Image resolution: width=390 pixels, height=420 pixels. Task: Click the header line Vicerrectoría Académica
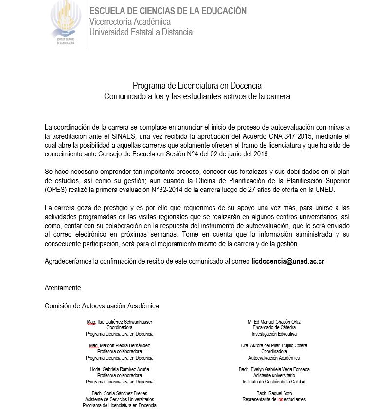[130, 21]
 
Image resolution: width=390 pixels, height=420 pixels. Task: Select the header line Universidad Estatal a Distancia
[141, 32]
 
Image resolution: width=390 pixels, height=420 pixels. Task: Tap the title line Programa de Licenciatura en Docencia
[197, 86]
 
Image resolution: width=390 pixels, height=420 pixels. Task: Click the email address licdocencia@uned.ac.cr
[288, 261]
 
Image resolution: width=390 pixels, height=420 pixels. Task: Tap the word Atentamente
[63, 287]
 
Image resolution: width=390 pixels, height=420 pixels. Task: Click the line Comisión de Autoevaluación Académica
[102, 306]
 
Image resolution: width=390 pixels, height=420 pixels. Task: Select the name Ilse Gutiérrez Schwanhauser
[125, 322]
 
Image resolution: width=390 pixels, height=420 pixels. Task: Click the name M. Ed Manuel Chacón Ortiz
[274, 322]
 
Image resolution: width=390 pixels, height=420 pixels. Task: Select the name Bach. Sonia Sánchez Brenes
[119, 393]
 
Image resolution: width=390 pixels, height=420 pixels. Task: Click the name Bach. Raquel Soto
[274, 393]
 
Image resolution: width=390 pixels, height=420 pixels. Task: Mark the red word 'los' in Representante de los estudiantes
[280, 399]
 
